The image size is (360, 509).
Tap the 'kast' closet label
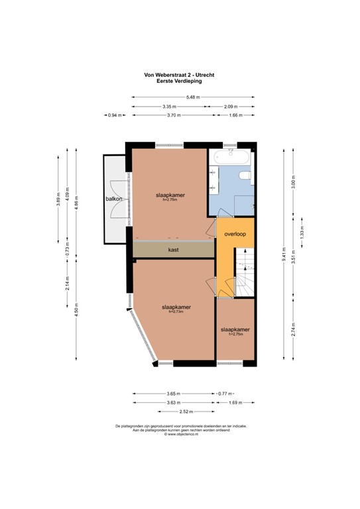point(174,250)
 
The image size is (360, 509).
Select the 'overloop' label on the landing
point(235,234)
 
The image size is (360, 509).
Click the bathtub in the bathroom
point(231,158)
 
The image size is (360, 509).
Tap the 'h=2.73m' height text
point(174,312)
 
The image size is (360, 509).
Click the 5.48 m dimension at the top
point(193,97)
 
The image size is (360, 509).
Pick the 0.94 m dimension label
point(115,115)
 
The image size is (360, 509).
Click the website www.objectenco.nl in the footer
point(180,434)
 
